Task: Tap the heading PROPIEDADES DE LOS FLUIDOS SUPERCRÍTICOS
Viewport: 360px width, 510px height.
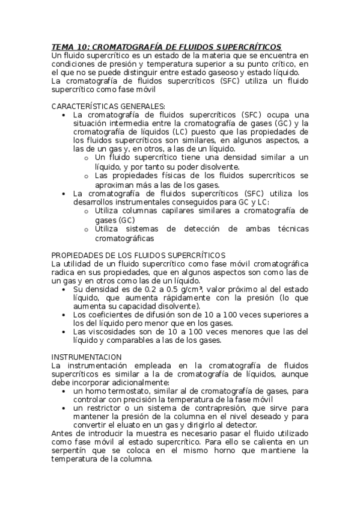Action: pos(138,255)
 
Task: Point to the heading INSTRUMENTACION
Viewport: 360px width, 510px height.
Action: pos(87,357)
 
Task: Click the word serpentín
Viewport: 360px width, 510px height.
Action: pos(72,450)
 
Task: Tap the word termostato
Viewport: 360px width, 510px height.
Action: pos(124,391)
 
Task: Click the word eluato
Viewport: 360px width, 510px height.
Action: pos(126,425)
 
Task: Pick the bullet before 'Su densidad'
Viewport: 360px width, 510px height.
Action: pos(66,289)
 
